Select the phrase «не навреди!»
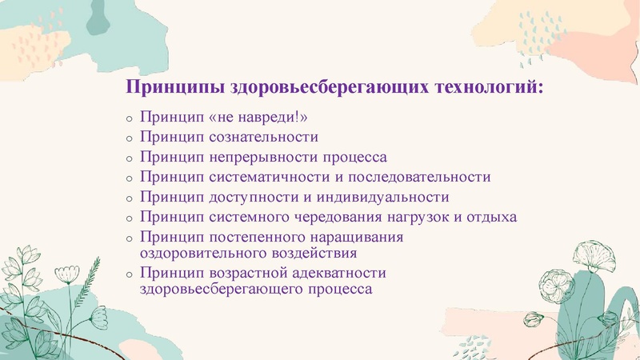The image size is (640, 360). tap(258, 118)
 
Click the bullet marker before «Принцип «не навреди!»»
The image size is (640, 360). tap(130, 119)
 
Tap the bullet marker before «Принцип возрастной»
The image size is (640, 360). tap(130, 274)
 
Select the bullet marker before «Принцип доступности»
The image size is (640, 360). tap(130, 198)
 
